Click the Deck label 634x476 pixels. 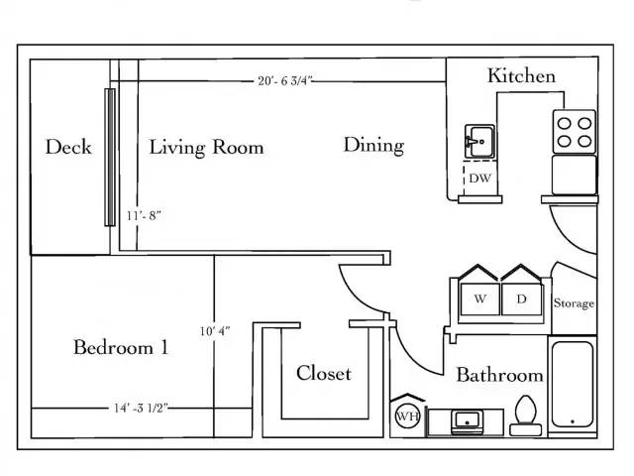[68, 147]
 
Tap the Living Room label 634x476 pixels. [206, 148]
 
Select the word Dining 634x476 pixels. [373, 146]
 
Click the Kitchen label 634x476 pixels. [521, 75]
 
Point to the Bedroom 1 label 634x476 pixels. [121, 347]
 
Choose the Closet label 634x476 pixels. [324, 373]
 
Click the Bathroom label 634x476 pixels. [499, 375]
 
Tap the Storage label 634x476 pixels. [574, 303]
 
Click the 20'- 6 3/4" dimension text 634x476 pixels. [285, 81]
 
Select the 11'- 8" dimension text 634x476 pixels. [144, 216]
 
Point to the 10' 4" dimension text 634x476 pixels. [215, 331]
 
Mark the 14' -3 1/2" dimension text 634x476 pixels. [141, 408]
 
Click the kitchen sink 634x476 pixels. [479, 141]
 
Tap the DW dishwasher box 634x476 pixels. [479, 178]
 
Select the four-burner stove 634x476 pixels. [575, 132]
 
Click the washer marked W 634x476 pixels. [479, 299]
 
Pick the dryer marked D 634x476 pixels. [522, 299]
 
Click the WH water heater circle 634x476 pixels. [407, 416]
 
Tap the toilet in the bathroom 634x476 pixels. [526, 416]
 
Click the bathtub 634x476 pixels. [573, 385]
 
